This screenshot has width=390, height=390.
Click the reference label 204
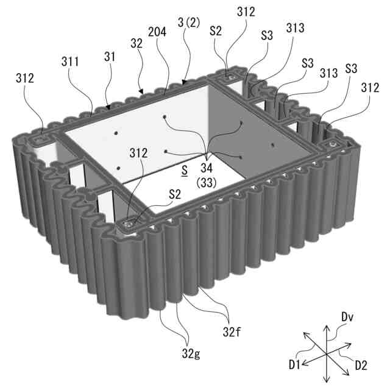tap(157, 32)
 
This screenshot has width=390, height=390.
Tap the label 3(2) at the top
tap(189, 23)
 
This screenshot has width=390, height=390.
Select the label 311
tap(70, 61)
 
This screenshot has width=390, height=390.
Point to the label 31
tap(110, 57)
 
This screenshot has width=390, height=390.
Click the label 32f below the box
tap(232, 331)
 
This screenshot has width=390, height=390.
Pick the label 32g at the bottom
tap(191, 353)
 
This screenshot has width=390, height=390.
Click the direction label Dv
tap(347, 317)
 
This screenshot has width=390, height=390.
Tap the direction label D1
tap(295, 365)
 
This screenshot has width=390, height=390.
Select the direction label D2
tap(361, 366)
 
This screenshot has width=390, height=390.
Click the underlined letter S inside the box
tap(185, 171)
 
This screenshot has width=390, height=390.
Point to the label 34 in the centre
tap(207, 168)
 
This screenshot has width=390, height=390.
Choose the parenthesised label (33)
tap(206, 183)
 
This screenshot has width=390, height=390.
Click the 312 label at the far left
tap(25, 78)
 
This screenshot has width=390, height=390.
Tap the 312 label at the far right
tap(370, 88)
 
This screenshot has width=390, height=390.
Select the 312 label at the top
tap(246, 12)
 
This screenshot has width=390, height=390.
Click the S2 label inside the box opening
tap(175, 194)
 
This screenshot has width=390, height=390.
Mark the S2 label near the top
tap(216, 31)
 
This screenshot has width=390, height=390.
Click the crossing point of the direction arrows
tap(326, 354)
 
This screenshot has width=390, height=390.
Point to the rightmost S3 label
tap(351, 68)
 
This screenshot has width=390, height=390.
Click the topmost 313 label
tap(295, 28)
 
